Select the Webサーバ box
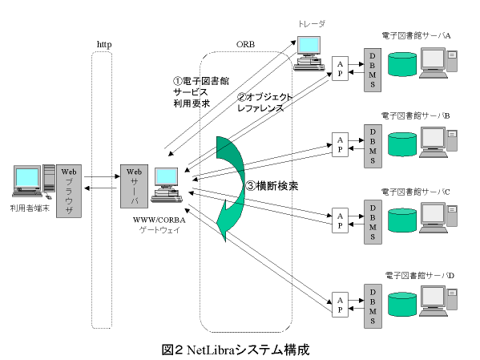[x=131, y=184]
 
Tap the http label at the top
[x=103, y=43]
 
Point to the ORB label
[x=245, y=43]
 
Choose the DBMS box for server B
[x=372, y=144]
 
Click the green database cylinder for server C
[x=402, y=216]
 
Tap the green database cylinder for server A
[x=402, y=62]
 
